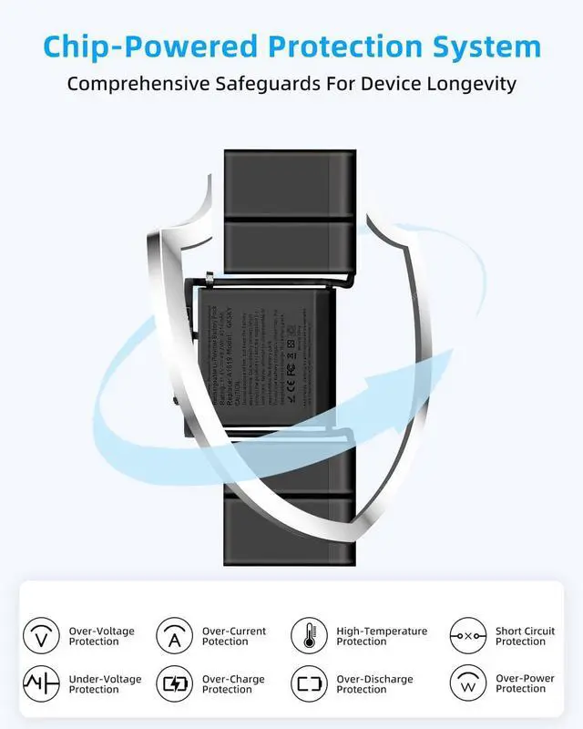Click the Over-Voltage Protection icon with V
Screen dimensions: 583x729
point(40,635)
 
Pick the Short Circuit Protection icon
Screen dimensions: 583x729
point(467,635)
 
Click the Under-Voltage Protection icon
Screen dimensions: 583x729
point(40,683)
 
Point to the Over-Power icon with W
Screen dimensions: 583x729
point(467,683)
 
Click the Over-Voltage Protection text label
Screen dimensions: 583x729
point(101,636)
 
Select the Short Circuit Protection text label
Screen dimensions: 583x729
point(525,636)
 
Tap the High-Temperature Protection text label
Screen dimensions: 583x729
point(382,636)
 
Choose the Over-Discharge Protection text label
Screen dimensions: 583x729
point(374,684)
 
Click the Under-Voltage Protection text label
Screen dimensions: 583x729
point(103,684)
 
